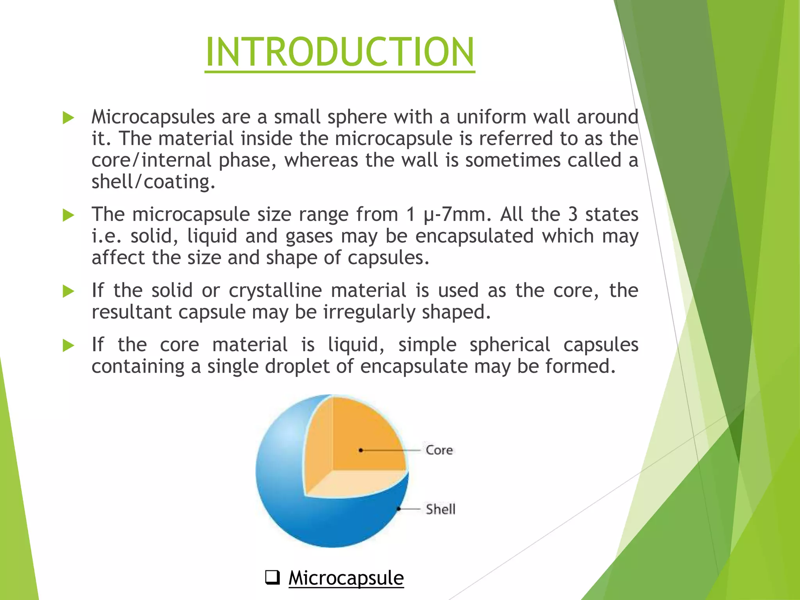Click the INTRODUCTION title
click(340, 52)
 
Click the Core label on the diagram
click(439, 450)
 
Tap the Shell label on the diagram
click(440, 509)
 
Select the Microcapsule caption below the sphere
click(346, 578)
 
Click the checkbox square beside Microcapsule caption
click(272, 577)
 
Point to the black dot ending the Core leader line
click(361, 450)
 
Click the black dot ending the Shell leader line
click(398, 509)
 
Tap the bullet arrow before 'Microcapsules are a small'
click(68, 118)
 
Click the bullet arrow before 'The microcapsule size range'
click(68, 215)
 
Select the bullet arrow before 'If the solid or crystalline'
click(68, 291)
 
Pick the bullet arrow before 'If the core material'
click(68, 345)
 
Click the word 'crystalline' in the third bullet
click(275, 291)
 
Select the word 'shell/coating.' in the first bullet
click(153, 182)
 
